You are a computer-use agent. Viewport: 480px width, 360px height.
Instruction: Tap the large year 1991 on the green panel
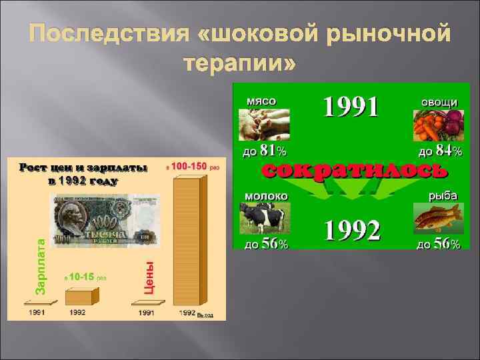click(x=351, y=107)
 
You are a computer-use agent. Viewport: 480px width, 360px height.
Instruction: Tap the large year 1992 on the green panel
click(x=352, y=231)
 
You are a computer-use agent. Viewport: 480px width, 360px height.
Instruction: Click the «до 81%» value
click(x=265, y=151)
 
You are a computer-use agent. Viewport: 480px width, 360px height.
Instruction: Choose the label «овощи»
click(x=438, y=101)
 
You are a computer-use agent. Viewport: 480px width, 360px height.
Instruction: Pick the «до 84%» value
click(x=438, y=151)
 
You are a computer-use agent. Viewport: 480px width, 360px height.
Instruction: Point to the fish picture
click(x=437, y=219)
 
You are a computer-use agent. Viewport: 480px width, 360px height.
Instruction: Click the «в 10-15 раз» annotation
click(x=85, y=276)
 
